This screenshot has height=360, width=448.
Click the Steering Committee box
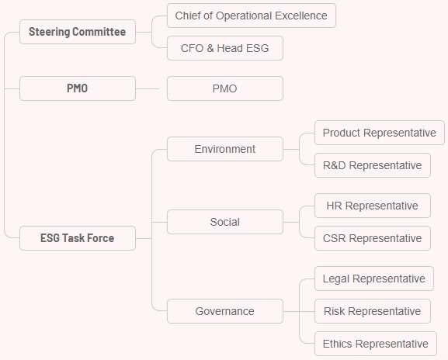(x=78, y=32)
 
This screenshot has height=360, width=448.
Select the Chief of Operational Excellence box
(x=252, y=16)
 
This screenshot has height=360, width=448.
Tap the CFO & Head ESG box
(x=225, y=48)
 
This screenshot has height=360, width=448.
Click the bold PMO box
(x=78, y=88)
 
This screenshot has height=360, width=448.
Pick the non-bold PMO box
(x=225, y=88)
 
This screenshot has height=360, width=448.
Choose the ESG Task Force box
(x=78, y=238)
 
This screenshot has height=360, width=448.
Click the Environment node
(x=225, y=149)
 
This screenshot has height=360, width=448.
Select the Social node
(x=225, y=222)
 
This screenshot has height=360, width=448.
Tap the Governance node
(x=225, y=311)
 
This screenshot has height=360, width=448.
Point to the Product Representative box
(x=380, y=133)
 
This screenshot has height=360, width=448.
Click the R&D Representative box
(x=373, y=165)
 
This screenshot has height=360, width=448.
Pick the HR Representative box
(x=373, y=206)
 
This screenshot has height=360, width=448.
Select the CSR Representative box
(x=373, y=238)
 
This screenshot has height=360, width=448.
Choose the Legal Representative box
(x=374, y=279)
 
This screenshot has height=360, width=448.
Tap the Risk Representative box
(x=373, y=311)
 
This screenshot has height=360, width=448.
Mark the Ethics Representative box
(x=376, y=344)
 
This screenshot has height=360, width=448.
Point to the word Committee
(x=99, y=32)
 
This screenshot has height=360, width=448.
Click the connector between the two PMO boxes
(x=148, y=88)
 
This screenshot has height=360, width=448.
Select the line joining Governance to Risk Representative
(x=299, y=311)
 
